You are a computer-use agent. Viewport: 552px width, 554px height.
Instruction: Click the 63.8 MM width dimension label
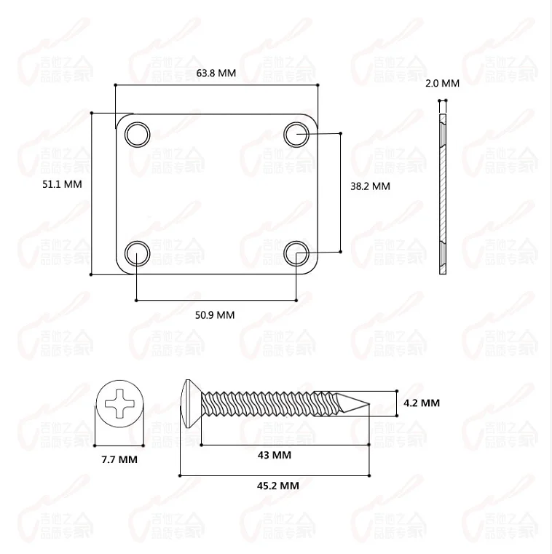[x=216, y=74]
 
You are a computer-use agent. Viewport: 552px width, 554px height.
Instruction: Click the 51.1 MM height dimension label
[x=62, y=184]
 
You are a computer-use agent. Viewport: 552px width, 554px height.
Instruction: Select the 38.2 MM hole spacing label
[x=370, y=186]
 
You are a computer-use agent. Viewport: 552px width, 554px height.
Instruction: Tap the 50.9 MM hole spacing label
[x=215, y=315]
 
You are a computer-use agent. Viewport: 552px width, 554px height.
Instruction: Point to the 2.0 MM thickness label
[x=442, y=84]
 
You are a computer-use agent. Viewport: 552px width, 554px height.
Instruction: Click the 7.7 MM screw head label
[x=119, y=459]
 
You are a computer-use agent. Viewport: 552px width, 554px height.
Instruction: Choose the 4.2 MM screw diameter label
[x=421, y=403]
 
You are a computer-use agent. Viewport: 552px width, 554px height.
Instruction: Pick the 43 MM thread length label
[x=274, y=455]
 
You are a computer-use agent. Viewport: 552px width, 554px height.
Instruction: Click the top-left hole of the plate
[x=136, y=135]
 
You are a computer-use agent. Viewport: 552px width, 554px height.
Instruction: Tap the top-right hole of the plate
[x=296, y=134]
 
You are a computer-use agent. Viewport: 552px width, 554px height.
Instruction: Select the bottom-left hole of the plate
[x=136, y=253]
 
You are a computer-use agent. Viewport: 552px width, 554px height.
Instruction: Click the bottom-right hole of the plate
[x=296, y=253]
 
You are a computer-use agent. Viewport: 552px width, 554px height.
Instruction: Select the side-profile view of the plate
[x=443, y=195]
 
